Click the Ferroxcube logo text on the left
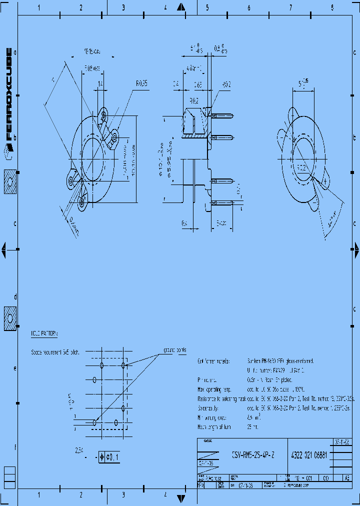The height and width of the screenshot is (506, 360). pos(8,95)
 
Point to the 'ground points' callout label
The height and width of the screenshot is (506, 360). pos(174,349)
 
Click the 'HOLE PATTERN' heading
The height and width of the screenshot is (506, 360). pos(45,332)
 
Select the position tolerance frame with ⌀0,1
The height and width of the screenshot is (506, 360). pos(109,456)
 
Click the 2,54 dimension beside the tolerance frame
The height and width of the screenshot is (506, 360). pos(78,450)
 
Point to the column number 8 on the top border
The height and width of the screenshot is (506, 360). pos(332,8)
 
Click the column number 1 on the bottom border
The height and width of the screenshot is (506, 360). pos(39,495)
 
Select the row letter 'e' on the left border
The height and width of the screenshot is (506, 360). pos(15,368)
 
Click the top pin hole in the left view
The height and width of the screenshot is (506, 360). pos(103,115)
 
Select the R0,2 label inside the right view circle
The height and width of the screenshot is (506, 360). pos(301,168)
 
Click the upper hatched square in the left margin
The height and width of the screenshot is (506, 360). pos(10,182)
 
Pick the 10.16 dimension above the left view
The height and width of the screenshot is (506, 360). pos(92,51)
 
